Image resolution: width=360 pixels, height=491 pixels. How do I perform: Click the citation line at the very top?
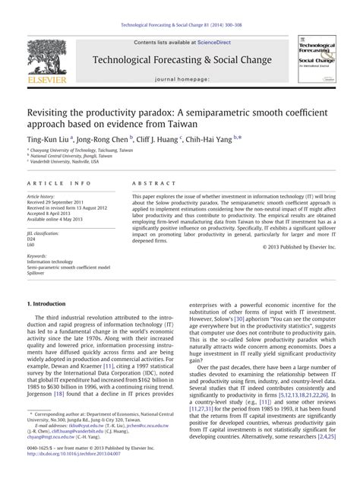[179, 7]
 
